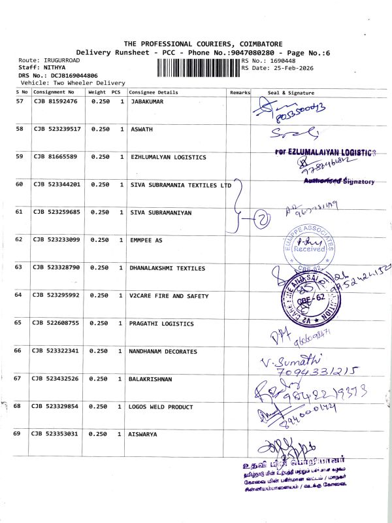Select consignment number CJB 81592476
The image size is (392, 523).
[x=56, y=102]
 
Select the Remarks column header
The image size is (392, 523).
[x=240, y=93]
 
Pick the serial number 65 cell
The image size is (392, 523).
[x=19, y=324]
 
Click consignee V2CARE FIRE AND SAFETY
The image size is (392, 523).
[x=169, y=296]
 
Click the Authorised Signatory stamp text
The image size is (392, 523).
[x=338, y=180]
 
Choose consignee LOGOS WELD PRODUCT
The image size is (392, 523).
[x=161, y=407]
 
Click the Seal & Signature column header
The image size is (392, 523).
[x=291, y=93]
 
